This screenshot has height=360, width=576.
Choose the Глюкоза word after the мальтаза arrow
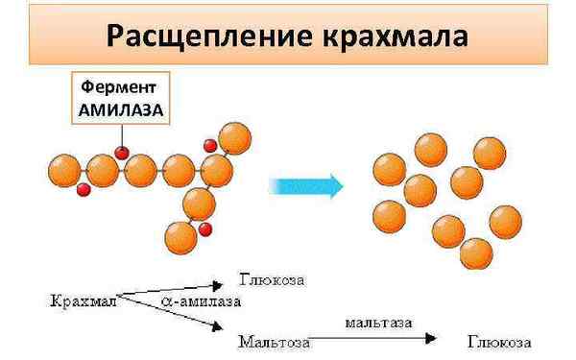(x=499, y=339)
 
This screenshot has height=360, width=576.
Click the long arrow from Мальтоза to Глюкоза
(x=384, y=339)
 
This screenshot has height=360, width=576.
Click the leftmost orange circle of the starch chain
(x=65, y=171)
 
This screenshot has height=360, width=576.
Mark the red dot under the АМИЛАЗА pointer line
(x=122, y=152)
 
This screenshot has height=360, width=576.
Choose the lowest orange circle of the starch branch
(x=180, y=234)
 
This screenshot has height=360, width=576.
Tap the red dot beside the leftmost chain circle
(x=84, y=190)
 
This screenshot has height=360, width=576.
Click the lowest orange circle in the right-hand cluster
(x=476, y=254)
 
